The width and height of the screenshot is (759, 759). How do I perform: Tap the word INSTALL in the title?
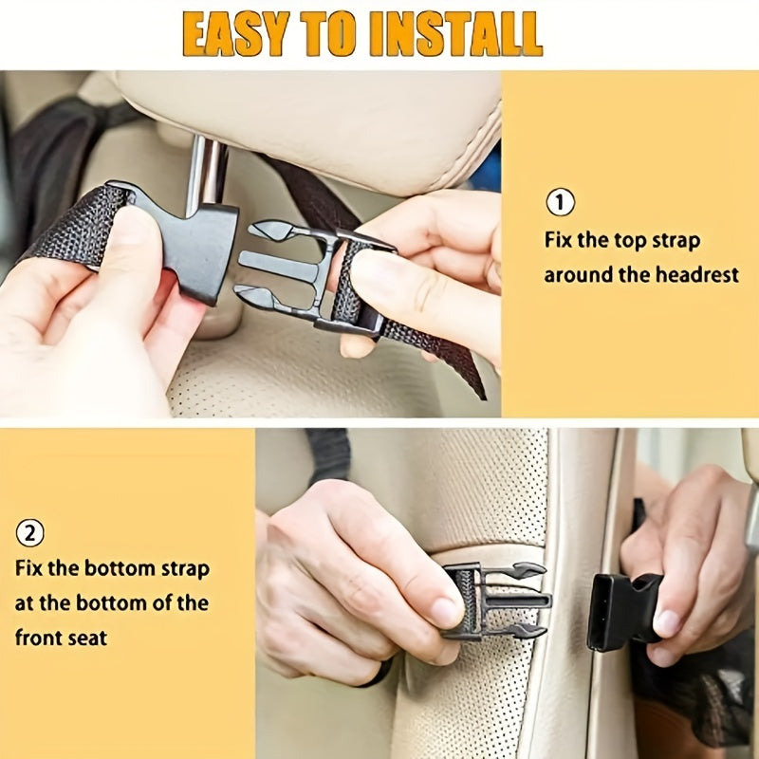point(456,33)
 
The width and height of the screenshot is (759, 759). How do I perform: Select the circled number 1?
point(561,202)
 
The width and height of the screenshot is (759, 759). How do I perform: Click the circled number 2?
point(30,533)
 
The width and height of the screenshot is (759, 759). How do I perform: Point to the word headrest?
point(697,274)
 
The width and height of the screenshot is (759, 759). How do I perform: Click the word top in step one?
point(630,241)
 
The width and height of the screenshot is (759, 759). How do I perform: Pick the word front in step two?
point(40,638)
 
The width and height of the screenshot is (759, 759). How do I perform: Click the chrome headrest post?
point(206,175)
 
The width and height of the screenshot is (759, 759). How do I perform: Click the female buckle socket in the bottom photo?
point(623,612)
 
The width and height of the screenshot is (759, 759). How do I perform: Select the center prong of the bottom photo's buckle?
point(518,602)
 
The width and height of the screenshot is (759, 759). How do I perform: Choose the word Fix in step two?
point(28,567)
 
